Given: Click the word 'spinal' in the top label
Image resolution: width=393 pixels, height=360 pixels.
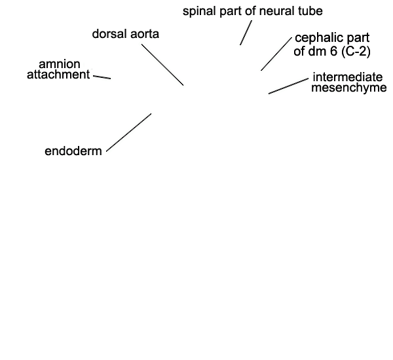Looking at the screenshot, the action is point(198,11).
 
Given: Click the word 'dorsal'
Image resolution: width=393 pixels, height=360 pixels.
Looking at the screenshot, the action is point(109,33).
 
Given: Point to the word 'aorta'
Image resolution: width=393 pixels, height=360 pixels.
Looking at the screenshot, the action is point(144,34).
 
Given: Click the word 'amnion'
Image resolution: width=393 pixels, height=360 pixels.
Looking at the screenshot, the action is point(60,64).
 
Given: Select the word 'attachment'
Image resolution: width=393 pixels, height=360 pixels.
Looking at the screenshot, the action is point(58,75).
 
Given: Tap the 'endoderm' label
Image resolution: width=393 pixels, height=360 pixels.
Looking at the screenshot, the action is point(73,151).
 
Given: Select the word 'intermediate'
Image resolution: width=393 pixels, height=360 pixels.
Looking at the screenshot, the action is point(348,77).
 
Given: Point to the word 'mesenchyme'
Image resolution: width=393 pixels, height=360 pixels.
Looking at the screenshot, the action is point(349,88).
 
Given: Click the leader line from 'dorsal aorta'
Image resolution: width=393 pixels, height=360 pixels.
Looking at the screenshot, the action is point(162,65).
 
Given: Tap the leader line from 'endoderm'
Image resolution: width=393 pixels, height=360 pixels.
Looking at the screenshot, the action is point(129,132).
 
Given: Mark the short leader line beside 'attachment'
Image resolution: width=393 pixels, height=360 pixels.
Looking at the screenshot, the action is point(102,77).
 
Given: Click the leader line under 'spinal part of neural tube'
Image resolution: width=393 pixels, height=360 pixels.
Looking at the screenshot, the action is point(246,33).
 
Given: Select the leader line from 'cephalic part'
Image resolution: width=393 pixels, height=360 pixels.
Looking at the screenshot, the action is point(276,54).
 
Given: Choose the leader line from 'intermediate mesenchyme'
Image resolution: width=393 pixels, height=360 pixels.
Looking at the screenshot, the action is point(288,86).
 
